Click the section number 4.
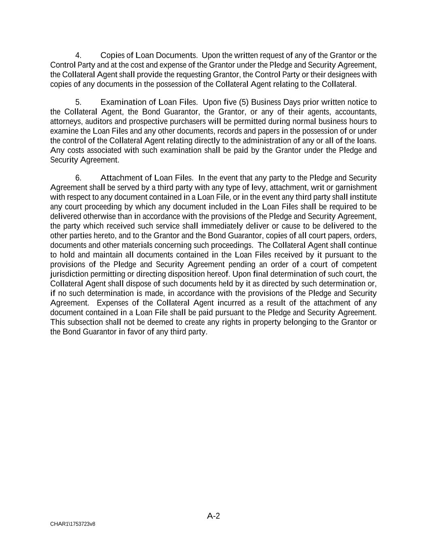(79, 55)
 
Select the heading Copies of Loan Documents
(148, 55)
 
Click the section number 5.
(79, 102)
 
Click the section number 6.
(79, 178)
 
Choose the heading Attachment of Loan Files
(147, 178)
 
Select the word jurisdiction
(69, 274)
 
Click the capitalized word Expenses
(112, 303)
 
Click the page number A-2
(213, 516)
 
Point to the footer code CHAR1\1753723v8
(73, 524)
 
